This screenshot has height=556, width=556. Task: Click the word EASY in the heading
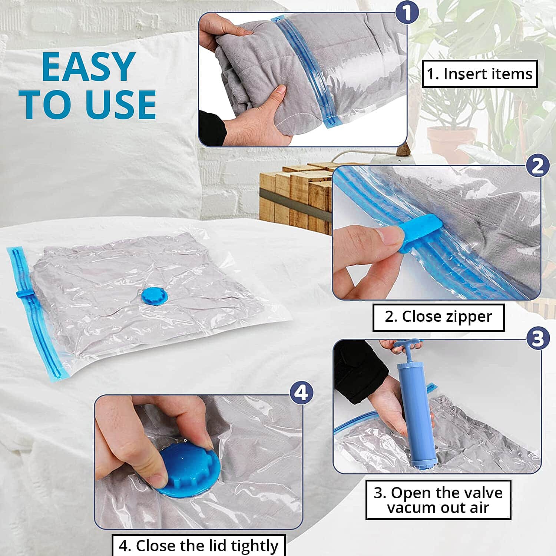(x=88, y=67)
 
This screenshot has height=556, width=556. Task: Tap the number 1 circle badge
(x=407, y=13)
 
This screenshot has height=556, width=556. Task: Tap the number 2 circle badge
(x=537, y=166)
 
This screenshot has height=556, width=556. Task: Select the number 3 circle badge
(x=537, y=338)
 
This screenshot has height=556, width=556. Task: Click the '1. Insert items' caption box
(x=479, y=74)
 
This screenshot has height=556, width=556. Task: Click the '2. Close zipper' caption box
(x=438, y=317)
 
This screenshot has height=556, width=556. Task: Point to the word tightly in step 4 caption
(x=255, y=546)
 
